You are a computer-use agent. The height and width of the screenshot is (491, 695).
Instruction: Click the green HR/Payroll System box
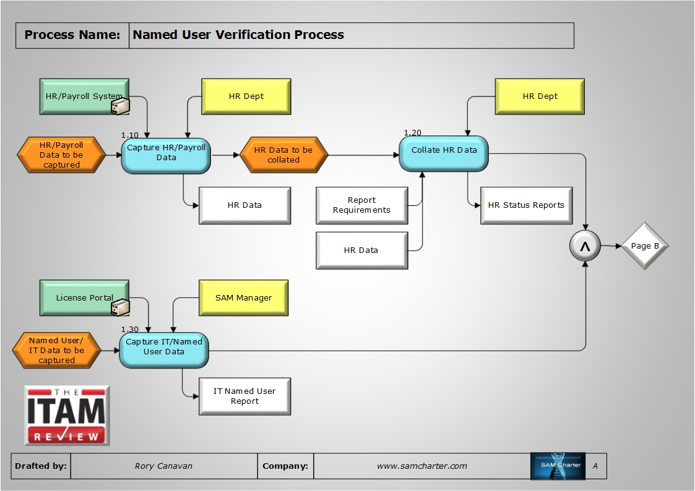tap(84, 96)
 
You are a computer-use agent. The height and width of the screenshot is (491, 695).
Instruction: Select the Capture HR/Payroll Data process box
tap(166, 156)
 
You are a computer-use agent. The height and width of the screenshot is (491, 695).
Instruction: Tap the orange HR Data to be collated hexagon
tap(283, 155)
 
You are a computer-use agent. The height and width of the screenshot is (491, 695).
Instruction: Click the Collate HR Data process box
tap(444, 153)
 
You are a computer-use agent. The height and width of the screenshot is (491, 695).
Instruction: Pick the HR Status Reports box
tap(526, 205)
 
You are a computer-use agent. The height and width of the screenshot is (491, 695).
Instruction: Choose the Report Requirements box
tap(361, 205)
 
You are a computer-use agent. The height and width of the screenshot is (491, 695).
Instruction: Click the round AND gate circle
tap(585, 246)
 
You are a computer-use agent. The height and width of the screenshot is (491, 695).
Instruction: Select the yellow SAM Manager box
tap(243, 298)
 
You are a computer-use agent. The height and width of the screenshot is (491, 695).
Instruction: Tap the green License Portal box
tap(84, 298)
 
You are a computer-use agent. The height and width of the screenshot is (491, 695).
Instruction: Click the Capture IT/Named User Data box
tap(164, 349)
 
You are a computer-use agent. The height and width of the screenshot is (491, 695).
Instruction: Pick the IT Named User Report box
tap(244, 396)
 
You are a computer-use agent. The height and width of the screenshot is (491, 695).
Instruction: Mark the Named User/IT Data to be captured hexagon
tap(56, 350)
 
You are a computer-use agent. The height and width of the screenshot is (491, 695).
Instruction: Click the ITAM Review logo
tap(67, 416)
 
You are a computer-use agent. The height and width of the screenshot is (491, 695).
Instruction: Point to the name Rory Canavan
tap(163, 466)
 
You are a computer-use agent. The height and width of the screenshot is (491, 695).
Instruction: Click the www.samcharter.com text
tap(421, 466)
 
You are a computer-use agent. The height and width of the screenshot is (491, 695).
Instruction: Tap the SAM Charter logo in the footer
tap(558, 466)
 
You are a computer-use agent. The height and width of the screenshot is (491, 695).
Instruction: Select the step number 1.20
tap(412, 133)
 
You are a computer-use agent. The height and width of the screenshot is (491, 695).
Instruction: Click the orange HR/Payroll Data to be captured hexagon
tap(61, 155)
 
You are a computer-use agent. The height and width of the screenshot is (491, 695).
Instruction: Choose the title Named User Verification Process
tap(238, 35)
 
